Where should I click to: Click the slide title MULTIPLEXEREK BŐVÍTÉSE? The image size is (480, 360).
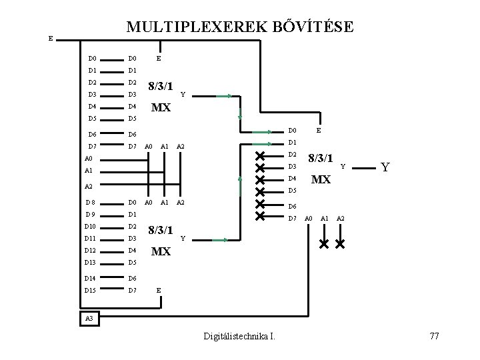pos(240,27)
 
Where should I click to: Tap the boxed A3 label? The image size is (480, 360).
pos(89,319)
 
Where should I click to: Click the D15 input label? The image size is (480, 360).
pos(91,291)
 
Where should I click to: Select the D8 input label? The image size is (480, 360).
pos(91,202)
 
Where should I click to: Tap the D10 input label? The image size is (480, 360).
pos(91,227)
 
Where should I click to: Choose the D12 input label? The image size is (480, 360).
pos(91,250)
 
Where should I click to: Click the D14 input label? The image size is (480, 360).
pos(91,277)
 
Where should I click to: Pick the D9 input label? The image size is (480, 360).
pos(91,215)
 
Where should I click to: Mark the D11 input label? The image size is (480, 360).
pos(91,238)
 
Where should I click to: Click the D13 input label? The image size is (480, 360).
pos(91,262)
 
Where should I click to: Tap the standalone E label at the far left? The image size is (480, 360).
pos(51,39)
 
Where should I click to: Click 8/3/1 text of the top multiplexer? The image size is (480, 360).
pos(161,86)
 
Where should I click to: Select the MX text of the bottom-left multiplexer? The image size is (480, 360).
pos(161,251)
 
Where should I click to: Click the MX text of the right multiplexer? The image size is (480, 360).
pos(321,179)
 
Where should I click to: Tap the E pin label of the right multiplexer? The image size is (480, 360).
pos(319,131)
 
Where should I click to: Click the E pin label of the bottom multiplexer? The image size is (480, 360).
pos(158,291)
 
